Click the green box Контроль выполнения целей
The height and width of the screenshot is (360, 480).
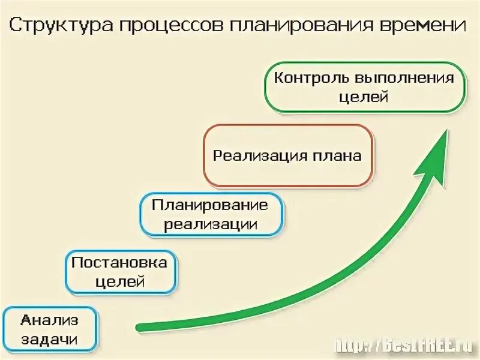point(365,88)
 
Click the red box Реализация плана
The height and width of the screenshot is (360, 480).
point(288,156)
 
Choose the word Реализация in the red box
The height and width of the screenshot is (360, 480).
point(261,156)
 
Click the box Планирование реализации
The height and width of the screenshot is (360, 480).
point(211,215)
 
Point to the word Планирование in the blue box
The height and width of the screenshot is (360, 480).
point(210,205)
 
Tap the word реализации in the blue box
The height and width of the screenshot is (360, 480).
point(211,225)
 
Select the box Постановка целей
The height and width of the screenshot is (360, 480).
point(121,272)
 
